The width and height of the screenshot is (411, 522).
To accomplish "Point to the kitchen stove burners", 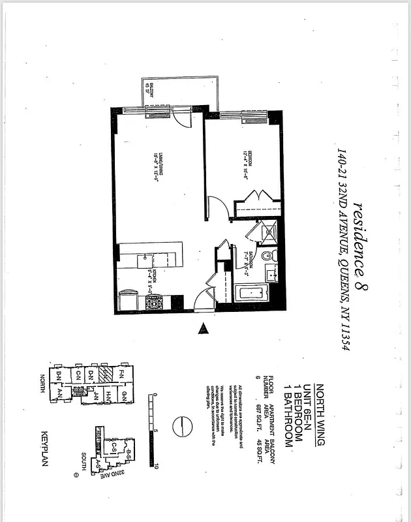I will (153, 303).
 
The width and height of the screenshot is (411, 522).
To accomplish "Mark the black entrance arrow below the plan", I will (204, 329).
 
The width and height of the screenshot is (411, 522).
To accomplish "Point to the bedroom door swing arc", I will (220, 209).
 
